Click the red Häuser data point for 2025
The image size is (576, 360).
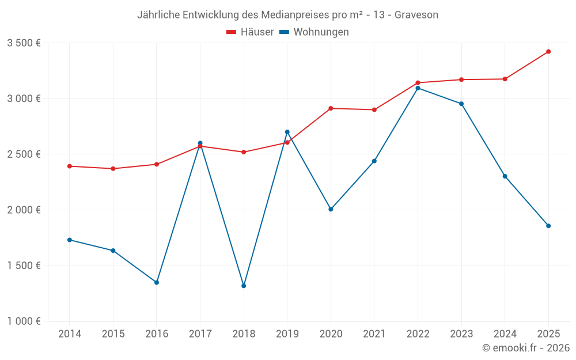click(x=548, y=52)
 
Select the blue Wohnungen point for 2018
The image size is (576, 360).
click(x=244, y=286)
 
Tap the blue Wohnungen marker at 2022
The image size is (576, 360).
click(x=418, y=88)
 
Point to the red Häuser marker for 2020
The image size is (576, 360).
click(x=331, y=108)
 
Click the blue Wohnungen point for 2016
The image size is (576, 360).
click(x=157, y=282)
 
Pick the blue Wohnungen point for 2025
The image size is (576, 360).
click(x=548, y=226)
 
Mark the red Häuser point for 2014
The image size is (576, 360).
click(x=70, y=166)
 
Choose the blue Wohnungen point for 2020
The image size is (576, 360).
click(x=331, y=209)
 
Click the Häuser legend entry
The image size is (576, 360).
click(x=250, y=32)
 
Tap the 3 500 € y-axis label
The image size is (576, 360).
click(x=24, y=43)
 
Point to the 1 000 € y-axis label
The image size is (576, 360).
click(x=24, y=321)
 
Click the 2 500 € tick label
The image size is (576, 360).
click(x=24, y=154)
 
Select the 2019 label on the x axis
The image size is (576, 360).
click(x=287, y=334)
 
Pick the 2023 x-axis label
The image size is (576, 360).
click(x=461, y=334)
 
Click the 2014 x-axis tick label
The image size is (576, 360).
click(x=70, y=334)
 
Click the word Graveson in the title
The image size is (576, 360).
click(x=416, y=15)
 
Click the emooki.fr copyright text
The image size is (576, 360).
click(x=525, y=348)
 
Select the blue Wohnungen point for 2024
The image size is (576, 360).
click(x=505, y=176)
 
